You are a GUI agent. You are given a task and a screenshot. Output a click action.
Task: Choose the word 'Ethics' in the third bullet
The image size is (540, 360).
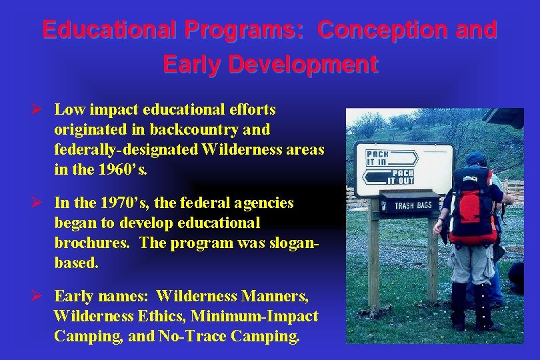point(155,316)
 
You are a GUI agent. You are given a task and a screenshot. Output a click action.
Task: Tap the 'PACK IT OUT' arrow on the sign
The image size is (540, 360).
point(389,177)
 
